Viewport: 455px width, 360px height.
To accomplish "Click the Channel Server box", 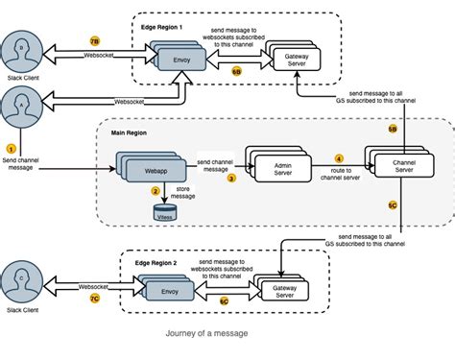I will pos(395,165).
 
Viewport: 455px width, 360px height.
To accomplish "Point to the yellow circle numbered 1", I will pos(12,149).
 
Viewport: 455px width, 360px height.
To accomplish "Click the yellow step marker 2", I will pos(156,191).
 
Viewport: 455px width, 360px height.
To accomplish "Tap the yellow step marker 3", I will pos(231,179).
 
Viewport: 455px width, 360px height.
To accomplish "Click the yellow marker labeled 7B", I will pos(94,41).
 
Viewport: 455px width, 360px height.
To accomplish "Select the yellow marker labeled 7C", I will pos(94,300).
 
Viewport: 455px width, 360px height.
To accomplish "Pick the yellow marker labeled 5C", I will pos(393,205).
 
